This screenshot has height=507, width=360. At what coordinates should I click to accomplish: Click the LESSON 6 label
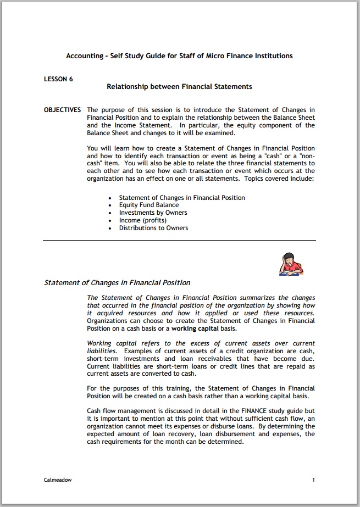point(58,79)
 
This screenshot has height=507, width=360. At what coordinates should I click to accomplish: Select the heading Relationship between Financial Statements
point(179,87)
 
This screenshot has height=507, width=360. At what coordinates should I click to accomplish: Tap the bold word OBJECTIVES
point(63,110)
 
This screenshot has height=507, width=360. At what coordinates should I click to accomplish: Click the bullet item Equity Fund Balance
point(149,205)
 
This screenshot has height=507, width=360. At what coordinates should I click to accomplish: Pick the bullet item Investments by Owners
point(153,213)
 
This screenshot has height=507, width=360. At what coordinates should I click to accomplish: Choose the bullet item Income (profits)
point(143,220)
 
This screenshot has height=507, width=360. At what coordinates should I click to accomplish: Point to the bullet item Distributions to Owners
point(153,228)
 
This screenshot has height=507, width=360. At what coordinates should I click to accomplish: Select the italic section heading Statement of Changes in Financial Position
point(117,283)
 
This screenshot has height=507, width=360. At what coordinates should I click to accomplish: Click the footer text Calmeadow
point(58,480)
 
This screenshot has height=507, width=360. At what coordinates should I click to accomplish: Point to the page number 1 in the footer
point(313,480)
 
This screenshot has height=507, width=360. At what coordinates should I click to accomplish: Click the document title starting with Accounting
point(179,56)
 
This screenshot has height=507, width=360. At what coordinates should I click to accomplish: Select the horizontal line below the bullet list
point(179,240)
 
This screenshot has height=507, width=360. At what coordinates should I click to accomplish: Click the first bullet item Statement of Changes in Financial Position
point(182,197)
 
